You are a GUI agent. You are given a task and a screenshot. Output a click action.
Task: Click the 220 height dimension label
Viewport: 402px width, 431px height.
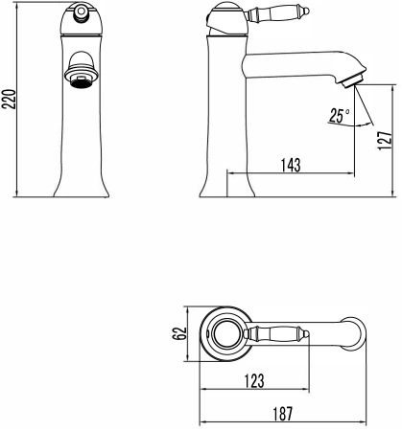point(9,100)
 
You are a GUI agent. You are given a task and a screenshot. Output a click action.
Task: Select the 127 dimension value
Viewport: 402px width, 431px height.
point(385,140)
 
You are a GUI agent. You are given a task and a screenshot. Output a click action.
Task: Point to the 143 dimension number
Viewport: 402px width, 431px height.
point(291,165)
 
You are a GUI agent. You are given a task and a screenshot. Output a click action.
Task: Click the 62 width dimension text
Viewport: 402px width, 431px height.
point(179,333)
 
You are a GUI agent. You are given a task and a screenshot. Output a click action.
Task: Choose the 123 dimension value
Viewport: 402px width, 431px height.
point(254,381)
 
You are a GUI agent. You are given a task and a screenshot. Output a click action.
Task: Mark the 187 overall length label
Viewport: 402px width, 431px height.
point(283,414)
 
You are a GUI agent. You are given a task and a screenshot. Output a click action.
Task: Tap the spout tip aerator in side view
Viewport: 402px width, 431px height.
point(352,79)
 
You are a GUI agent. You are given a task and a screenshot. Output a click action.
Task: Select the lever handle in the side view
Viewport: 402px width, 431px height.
point(277,13)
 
